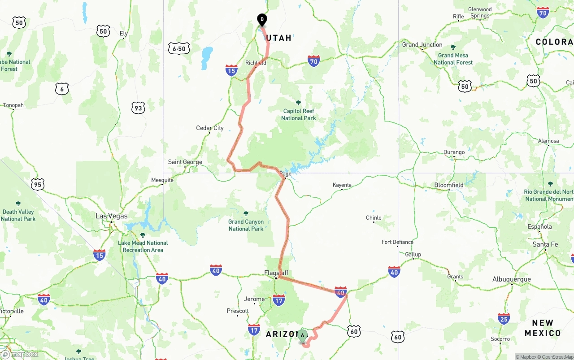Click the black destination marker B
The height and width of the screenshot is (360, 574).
[262, 20]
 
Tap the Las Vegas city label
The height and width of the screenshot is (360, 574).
[111, 216]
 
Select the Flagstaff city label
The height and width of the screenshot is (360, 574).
[276, 273]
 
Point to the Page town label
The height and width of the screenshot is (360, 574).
[285, 174]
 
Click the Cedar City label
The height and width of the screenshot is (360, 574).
[210, 128]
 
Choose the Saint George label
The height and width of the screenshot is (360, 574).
[185, 162]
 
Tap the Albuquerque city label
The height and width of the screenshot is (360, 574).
[511, 279]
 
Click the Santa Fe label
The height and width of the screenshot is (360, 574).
[545, 244]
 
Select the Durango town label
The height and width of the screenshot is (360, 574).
[454, 152]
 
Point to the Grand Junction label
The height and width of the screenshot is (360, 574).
[422, 45]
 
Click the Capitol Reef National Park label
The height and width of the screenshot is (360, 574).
[298, 114]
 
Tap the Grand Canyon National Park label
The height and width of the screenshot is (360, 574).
[246, 225]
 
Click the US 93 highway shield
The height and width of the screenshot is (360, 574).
[138, 108]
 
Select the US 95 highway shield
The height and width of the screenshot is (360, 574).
[38, 184]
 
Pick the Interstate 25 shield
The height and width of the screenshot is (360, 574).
[504, 319]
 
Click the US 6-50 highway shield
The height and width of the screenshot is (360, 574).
[179, 49]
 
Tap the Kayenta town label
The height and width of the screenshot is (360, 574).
[342, 185]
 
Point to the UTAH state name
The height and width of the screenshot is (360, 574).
[279, 38]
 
